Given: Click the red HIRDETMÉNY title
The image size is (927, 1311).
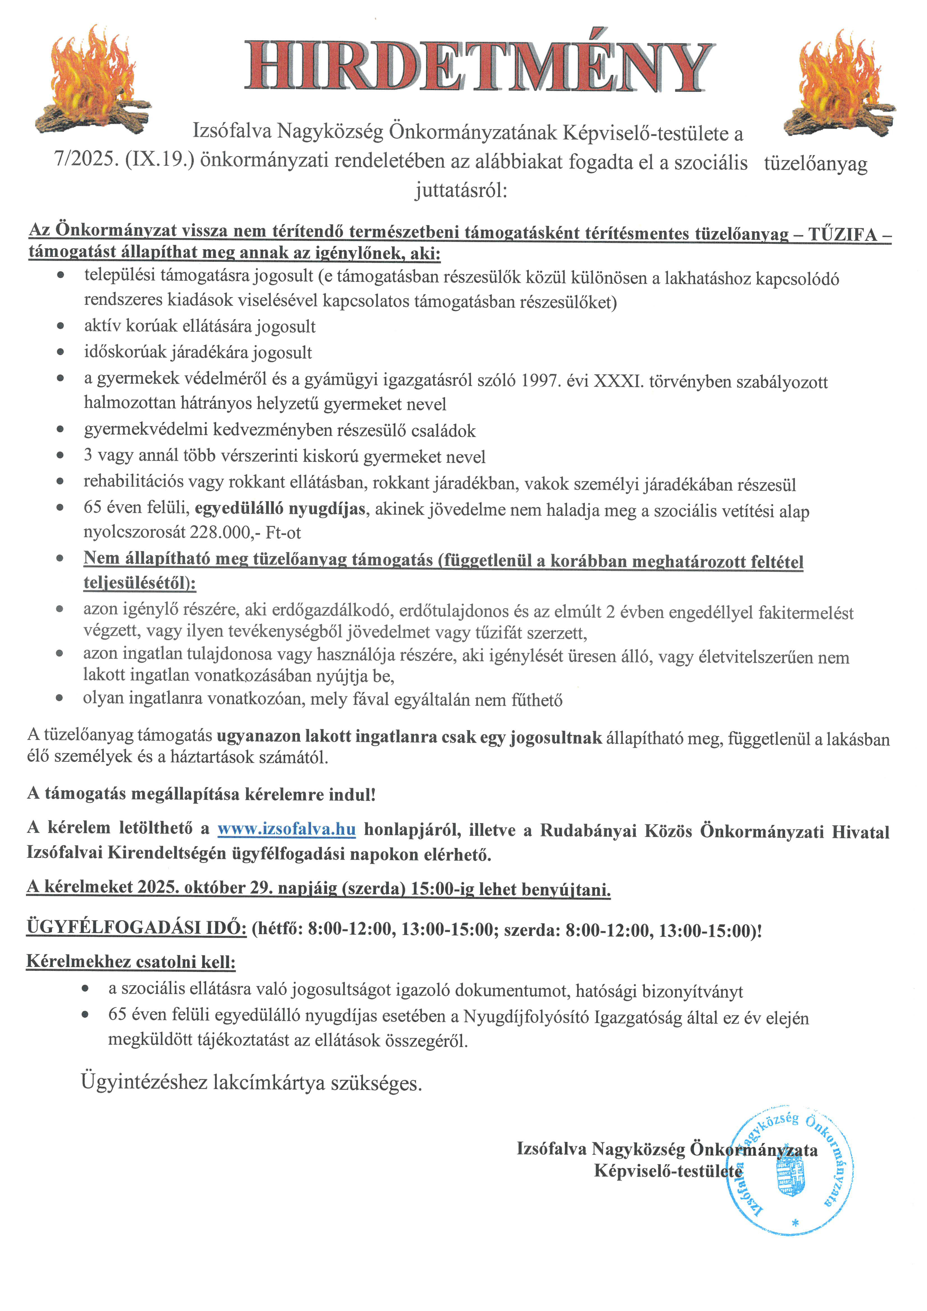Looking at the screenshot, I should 478,67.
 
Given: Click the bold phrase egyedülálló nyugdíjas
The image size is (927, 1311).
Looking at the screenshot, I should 280,509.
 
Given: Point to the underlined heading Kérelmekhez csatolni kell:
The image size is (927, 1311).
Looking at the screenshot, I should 131,962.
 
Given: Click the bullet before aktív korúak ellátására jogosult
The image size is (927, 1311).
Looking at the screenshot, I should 61,327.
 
